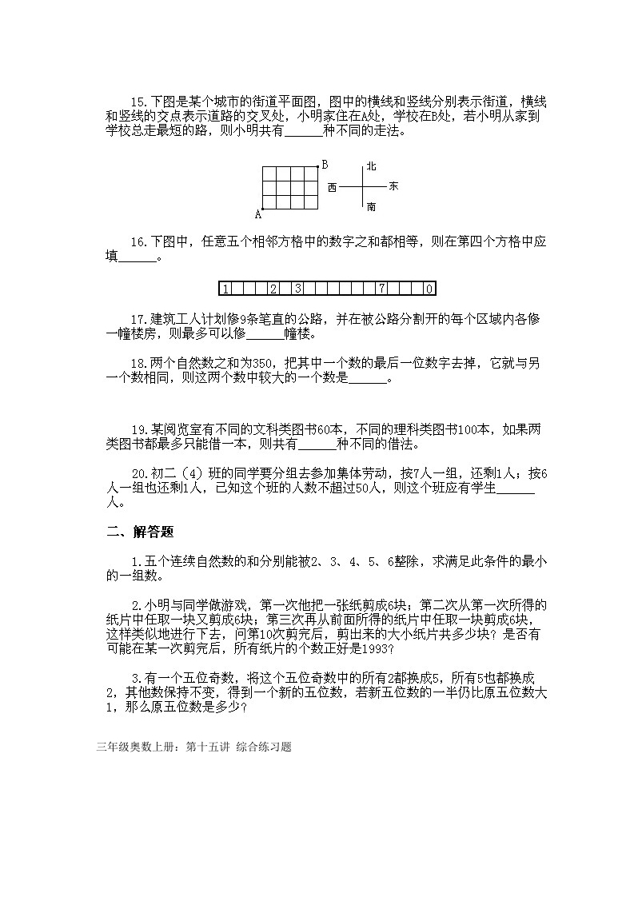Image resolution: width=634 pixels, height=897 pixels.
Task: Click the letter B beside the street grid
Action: pyautogui.click(x=325, y=165)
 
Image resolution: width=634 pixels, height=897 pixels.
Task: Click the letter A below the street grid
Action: pyautogui.click(x=258, y=213)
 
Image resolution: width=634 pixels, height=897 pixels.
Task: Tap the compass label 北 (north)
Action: pyautogui.click(x=371, y=166)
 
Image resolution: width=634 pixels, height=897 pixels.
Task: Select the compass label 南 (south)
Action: pyautogui.click(x=371, y=207)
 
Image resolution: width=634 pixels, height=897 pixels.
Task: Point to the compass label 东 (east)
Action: pyautogui.click(x=393, y=186)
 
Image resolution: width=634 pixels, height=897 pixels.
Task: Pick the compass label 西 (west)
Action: pyautogui.click(x=333, y=186)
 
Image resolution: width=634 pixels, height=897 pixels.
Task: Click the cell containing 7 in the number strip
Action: pyautogui.click(x=383, y=289)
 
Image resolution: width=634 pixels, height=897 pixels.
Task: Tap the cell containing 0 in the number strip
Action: pyautogui.click(x=429, y=289)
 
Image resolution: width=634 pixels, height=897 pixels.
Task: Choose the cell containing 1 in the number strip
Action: pyautogui.click(x=225, y=289)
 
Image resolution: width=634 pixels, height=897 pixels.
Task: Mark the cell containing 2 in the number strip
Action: pyautogui.click(x=273, y=289)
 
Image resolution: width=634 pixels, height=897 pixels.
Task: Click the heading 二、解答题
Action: pyautogui.click(x=141, y=532)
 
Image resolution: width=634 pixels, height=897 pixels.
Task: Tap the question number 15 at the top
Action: pyautogui.click(x=138, y=102)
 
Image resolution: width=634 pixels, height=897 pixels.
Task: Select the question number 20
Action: pyautogui.click(x=138, y=474)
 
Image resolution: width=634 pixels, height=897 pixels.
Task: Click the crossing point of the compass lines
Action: pyautogui.click(x=363, y=186)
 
